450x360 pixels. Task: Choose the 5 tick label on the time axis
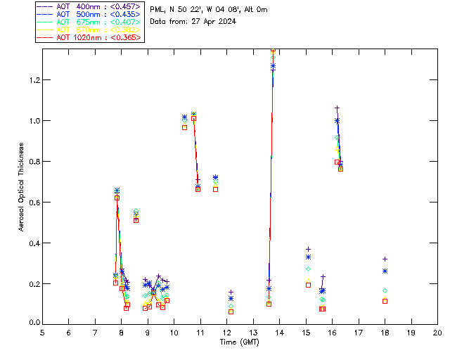42,332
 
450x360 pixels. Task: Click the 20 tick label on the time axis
437,332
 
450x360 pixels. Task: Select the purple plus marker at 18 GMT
385,259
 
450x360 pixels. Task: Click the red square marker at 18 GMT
385,301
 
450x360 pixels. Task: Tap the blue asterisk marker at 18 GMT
385,271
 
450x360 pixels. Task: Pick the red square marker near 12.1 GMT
231,311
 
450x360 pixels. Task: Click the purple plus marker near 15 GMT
308,250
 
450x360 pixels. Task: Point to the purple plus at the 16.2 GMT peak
337,108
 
